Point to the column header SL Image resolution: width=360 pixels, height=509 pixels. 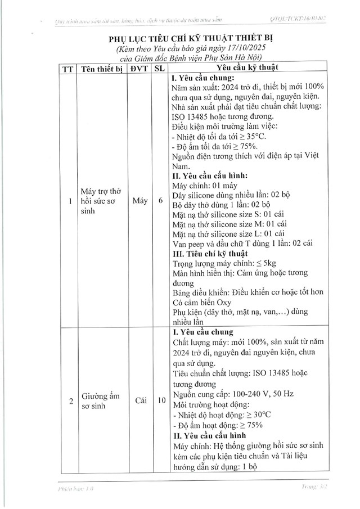pyautogui.click(x=161, y=68)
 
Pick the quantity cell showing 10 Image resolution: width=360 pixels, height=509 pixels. pyautogui.click(x=161, y=401)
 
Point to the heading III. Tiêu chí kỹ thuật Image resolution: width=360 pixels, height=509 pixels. pyautogui.click(x=208, y=253)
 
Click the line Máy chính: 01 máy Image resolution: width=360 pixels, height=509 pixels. pyautogui.click(x=206, y=185)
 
